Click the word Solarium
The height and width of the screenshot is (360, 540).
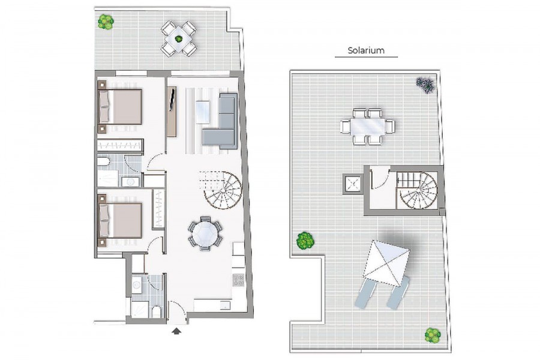point(366,50)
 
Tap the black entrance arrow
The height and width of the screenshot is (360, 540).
point(176,331)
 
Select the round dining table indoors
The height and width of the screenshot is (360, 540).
point(205,233)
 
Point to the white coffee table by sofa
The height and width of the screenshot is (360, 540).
point(203,112)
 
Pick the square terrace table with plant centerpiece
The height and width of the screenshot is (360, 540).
point(179,39)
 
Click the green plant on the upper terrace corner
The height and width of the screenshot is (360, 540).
point(106,22)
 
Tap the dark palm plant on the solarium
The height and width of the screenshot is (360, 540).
point(425,85)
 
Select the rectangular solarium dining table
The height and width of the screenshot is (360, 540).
point(367,127)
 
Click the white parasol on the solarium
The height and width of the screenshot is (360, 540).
point(386,263)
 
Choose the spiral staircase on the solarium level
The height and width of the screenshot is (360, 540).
point(418,190)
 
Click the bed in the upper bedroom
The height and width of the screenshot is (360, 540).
point(121,107)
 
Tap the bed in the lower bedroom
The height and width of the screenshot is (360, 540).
point(121,220)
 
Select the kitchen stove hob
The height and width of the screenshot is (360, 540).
point(238,280)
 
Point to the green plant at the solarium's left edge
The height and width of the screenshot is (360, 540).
point(305,240)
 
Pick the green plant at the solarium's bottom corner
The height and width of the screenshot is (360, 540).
point(433,335)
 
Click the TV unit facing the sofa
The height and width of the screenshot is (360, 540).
point(172,111)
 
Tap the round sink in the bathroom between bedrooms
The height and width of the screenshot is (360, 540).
point(130,182)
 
